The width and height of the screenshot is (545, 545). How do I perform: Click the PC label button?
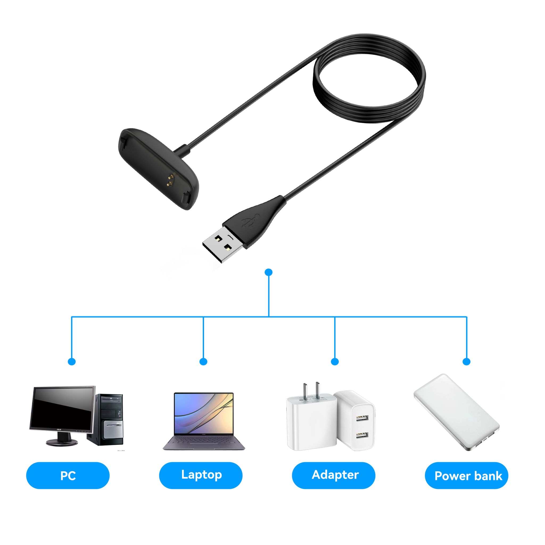tap(68, 476)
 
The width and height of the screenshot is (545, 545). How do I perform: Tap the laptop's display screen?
tap(204, 413)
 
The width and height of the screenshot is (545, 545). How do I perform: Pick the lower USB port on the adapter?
tap(362, 436)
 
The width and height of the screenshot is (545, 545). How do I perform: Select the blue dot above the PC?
tap(72, 362)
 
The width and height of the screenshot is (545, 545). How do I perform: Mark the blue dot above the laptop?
tap(203, 362)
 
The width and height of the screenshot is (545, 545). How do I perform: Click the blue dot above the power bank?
tap(467, 362)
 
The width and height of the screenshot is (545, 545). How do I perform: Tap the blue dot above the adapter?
tap(335, 362)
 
